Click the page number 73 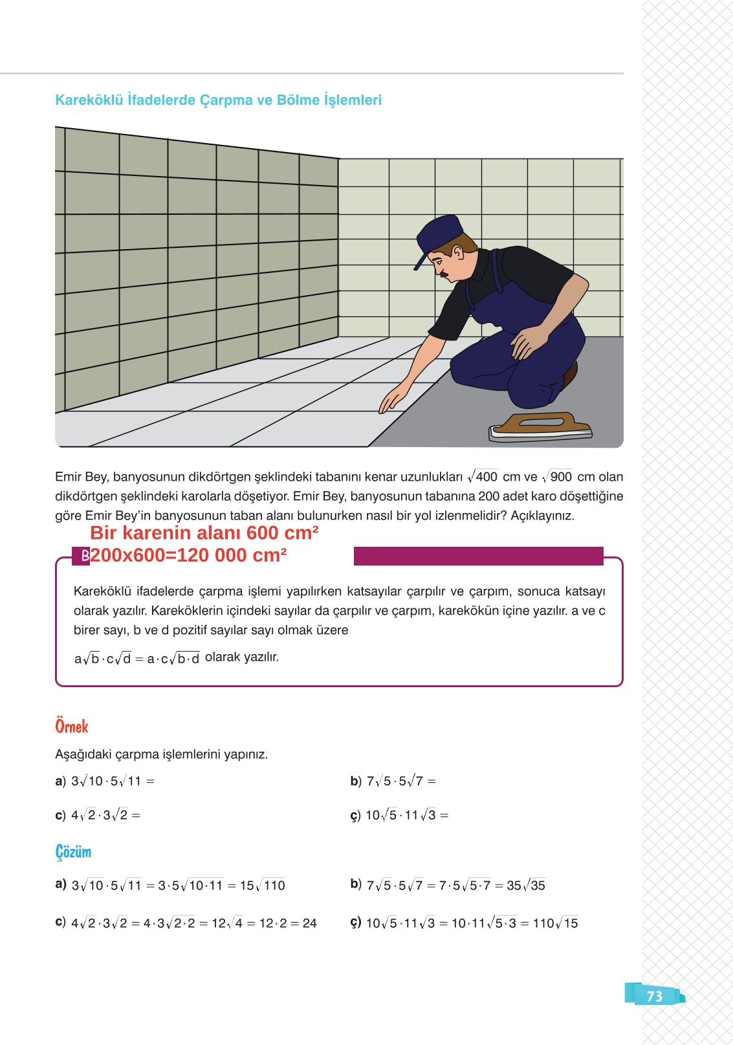point(654,996)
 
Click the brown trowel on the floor point(540,424)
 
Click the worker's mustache point(444,272)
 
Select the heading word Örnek point(71,727)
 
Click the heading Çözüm point(73,852)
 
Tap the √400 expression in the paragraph point(483,477)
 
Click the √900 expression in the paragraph point(557,477)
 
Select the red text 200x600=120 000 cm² point(188,555)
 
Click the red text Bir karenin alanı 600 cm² point(204,533)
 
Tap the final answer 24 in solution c point(309,923)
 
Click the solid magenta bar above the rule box point(478,556)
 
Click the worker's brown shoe point(570,375)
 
